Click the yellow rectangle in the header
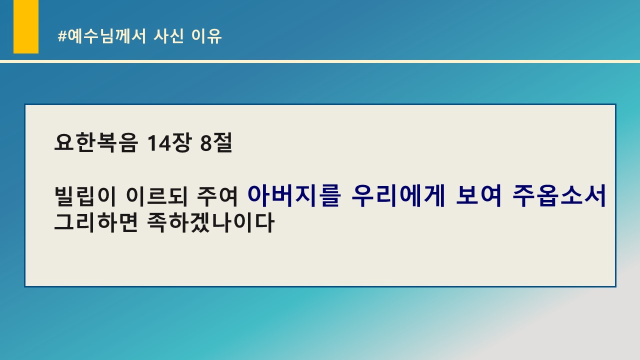[26, 26]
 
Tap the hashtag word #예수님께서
[102, 36]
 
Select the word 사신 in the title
[168, 36]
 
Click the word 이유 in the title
[206, 36]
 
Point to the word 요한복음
[96, 142]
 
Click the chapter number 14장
[169, 142]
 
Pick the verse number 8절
[216, 142]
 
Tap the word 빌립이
[85, 196]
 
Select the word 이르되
[156, 196]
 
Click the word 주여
[217, 196]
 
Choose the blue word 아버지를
[294, 195]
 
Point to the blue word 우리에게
[398, 195]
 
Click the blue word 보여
[479, 195]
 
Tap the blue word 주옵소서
[559, 195]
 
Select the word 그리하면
[96, 222]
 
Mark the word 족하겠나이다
[211, 222]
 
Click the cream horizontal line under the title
[320, 61]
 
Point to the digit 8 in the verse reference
[205, 143]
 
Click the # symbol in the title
[62, 36]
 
